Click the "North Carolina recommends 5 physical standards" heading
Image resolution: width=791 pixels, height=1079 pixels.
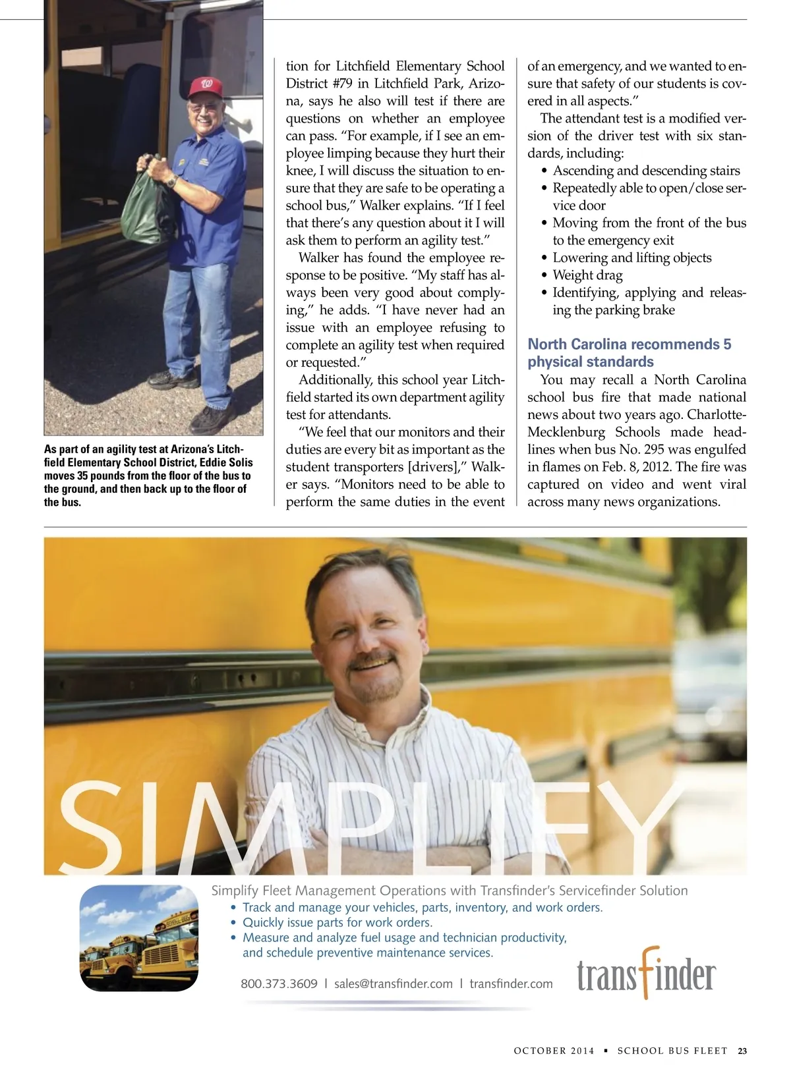coord(629,352)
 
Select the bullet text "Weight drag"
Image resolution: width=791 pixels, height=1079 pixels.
coord(587,275)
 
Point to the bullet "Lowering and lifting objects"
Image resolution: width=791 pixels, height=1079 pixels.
coord(631,258)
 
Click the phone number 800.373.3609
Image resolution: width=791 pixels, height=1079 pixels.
coord(279,983)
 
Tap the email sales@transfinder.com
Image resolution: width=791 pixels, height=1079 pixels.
coord(393,983)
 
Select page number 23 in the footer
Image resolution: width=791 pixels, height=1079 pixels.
coord(742,1051)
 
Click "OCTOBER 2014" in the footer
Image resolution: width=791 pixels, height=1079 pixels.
coord(554,1051)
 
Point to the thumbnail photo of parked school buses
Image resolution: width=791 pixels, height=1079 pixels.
coord(138,938)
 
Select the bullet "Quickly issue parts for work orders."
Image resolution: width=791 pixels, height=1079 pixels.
coord(337,922)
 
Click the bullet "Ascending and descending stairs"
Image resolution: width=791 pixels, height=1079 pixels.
coord(646,171)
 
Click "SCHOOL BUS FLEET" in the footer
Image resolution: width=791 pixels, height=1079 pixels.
coord(672,1051)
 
